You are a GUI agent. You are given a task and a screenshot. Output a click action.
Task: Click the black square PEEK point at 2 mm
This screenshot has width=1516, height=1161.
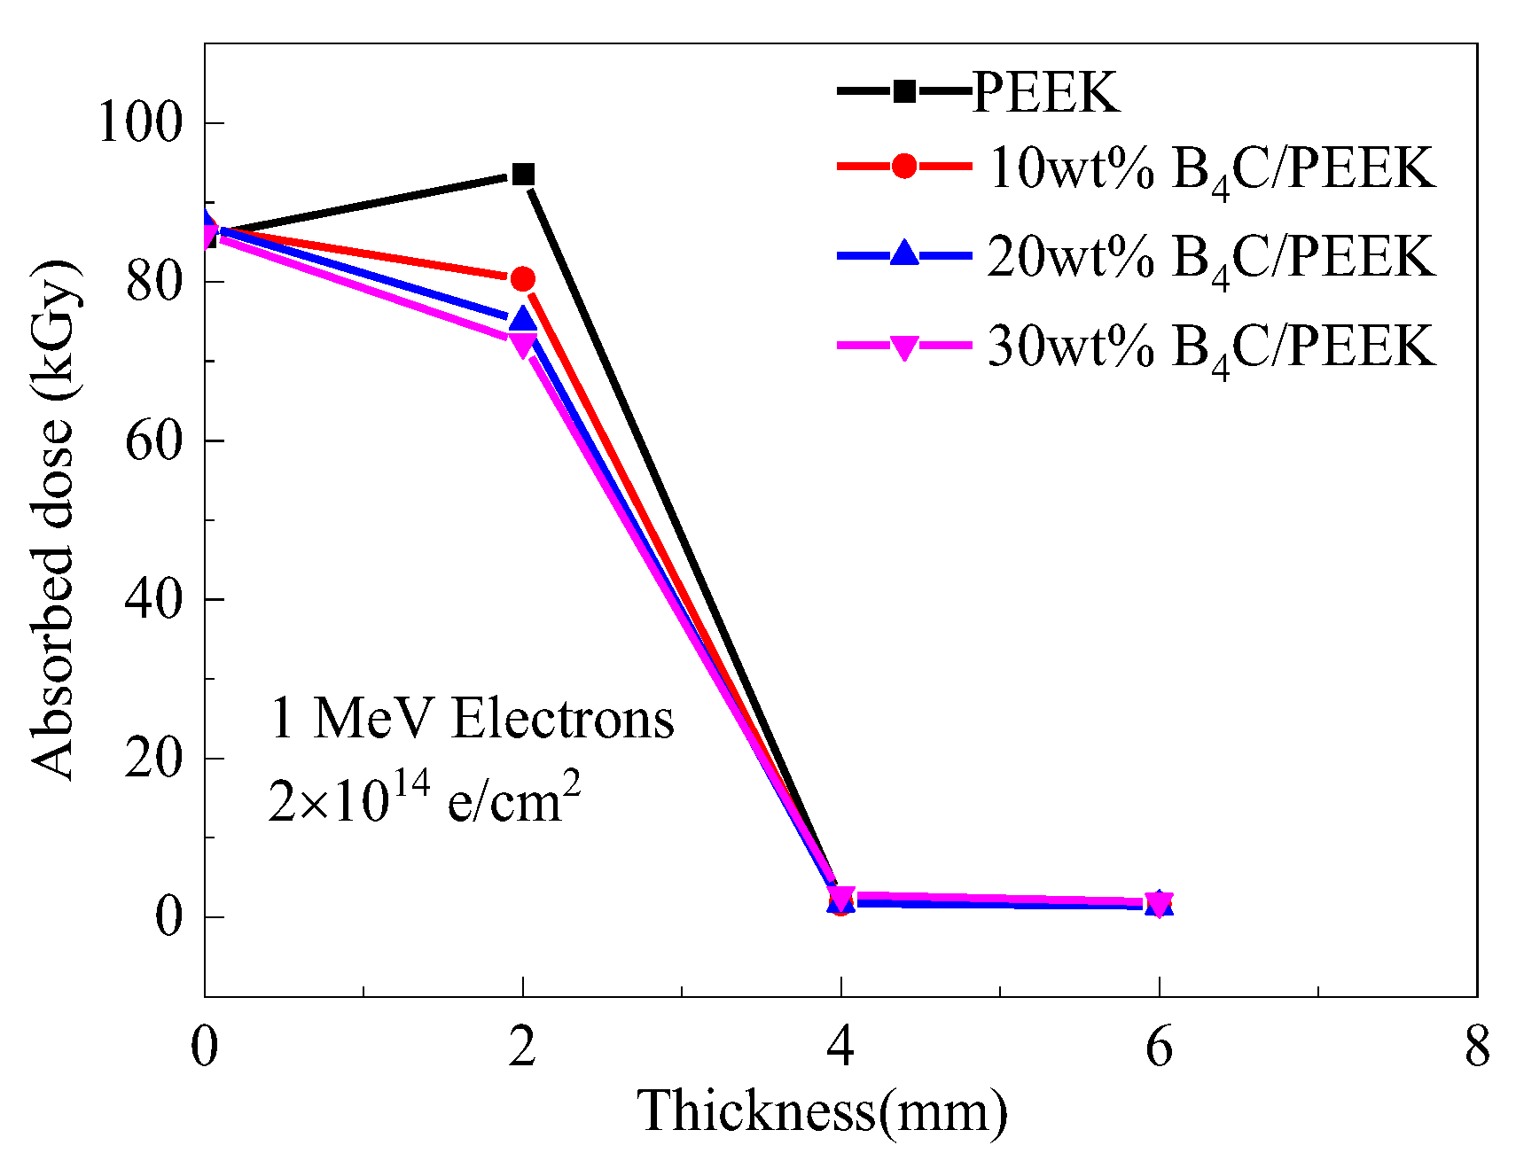[x=523, y=175]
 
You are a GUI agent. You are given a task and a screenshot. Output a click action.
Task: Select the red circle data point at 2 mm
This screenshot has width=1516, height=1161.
[x=523, y=279]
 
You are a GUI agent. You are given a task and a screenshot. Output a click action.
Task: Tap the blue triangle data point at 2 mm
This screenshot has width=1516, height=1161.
[x=523, y=319]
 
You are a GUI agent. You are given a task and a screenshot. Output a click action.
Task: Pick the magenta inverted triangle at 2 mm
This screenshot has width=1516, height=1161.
[x=523, y=344]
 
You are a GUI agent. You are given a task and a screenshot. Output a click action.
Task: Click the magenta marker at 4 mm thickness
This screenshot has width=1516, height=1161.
[x=841, y=897]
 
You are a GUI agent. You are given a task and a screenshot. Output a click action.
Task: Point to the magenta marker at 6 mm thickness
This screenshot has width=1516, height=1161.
[x=1159, y=902]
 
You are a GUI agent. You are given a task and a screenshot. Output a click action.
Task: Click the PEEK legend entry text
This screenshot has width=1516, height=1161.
[x=1046, y=91]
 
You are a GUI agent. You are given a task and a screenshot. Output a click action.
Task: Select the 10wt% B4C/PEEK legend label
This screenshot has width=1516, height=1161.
[x=1211, y=168]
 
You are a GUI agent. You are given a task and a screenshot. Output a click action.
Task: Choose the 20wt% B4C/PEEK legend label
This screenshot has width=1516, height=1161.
[x=1211, y=257]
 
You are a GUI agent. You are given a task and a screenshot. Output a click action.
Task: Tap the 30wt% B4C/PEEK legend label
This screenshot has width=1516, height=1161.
[x=1211, y=346]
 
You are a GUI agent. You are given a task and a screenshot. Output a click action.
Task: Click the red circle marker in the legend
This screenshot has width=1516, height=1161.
[x=904, y=166]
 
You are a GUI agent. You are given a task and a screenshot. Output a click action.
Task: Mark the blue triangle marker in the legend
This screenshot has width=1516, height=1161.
[x=904, y=253]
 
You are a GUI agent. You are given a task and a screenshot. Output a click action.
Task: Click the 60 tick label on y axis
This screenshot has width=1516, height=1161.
[x=153, y=440]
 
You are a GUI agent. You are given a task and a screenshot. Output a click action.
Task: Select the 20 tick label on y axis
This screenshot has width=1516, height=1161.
[x=153, y=758]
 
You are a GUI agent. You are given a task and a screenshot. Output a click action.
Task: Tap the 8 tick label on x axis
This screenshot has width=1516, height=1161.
[x=1476, y=1047]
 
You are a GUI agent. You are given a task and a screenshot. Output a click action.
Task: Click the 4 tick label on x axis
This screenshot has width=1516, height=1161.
[x=840, y=1047]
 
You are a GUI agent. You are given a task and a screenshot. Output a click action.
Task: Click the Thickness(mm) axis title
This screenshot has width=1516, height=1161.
[x=822, y=1111]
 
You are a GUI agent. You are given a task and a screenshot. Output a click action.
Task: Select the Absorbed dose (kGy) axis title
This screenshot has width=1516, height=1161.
[x=53, y=520]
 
